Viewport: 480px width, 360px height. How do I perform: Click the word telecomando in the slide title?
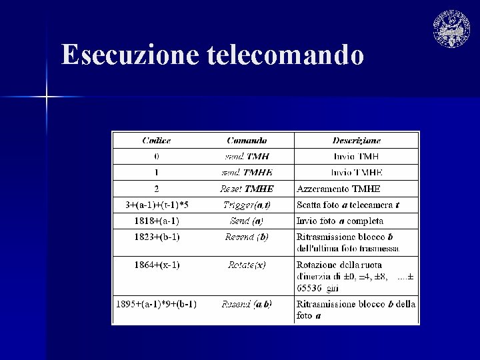click(x=286, y=55)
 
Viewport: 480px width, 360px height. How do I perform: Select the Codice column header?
click(x=157, y=141)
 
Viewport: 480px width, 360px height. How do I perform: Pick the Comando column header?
click(x=247, y=141)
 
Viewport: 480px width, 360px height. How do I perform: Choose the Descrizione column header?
click(x=357, y=141)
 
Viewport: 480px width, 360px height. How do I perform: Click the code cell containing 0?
click(x=157, y=157)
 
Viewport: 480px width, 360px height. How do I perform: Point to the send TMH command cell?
click(x=247, y=157)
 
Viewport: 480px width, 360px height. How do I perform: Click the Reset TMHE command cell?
click(x=247, y=189)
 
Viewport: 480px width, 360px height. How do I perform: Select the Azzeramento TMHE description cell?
click(x=339, y=189)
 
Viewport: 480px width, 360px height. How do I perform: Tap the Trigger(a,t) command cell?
click(x=247, y=205)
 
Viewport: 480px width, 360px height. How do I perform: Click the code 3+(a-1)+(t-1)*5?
click(x=157, y=205)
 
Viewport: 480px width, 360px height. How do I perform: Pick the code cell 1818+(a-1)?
click(x=157, y=221)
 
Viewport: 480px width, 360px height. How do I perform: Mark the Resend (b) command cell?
click(x=247, y=237)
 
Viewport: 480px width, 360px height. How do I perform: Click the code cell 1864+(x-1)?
click(x=157, y=265)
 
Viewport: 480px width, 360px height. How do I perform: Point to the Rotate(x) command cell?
click(x=247, y=265)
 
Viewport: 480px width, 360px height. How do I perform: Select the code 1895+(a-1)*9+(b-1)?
click(x=157, y=304)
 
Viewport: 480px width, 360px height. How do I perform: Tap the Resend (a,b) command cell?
click(x=247, y=304)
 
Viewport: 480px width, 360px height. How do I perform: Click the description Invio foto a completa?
click(x=340, y=221)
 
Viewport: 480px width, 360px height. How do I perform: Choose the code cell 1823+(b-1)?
click(x=157, y=237)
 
